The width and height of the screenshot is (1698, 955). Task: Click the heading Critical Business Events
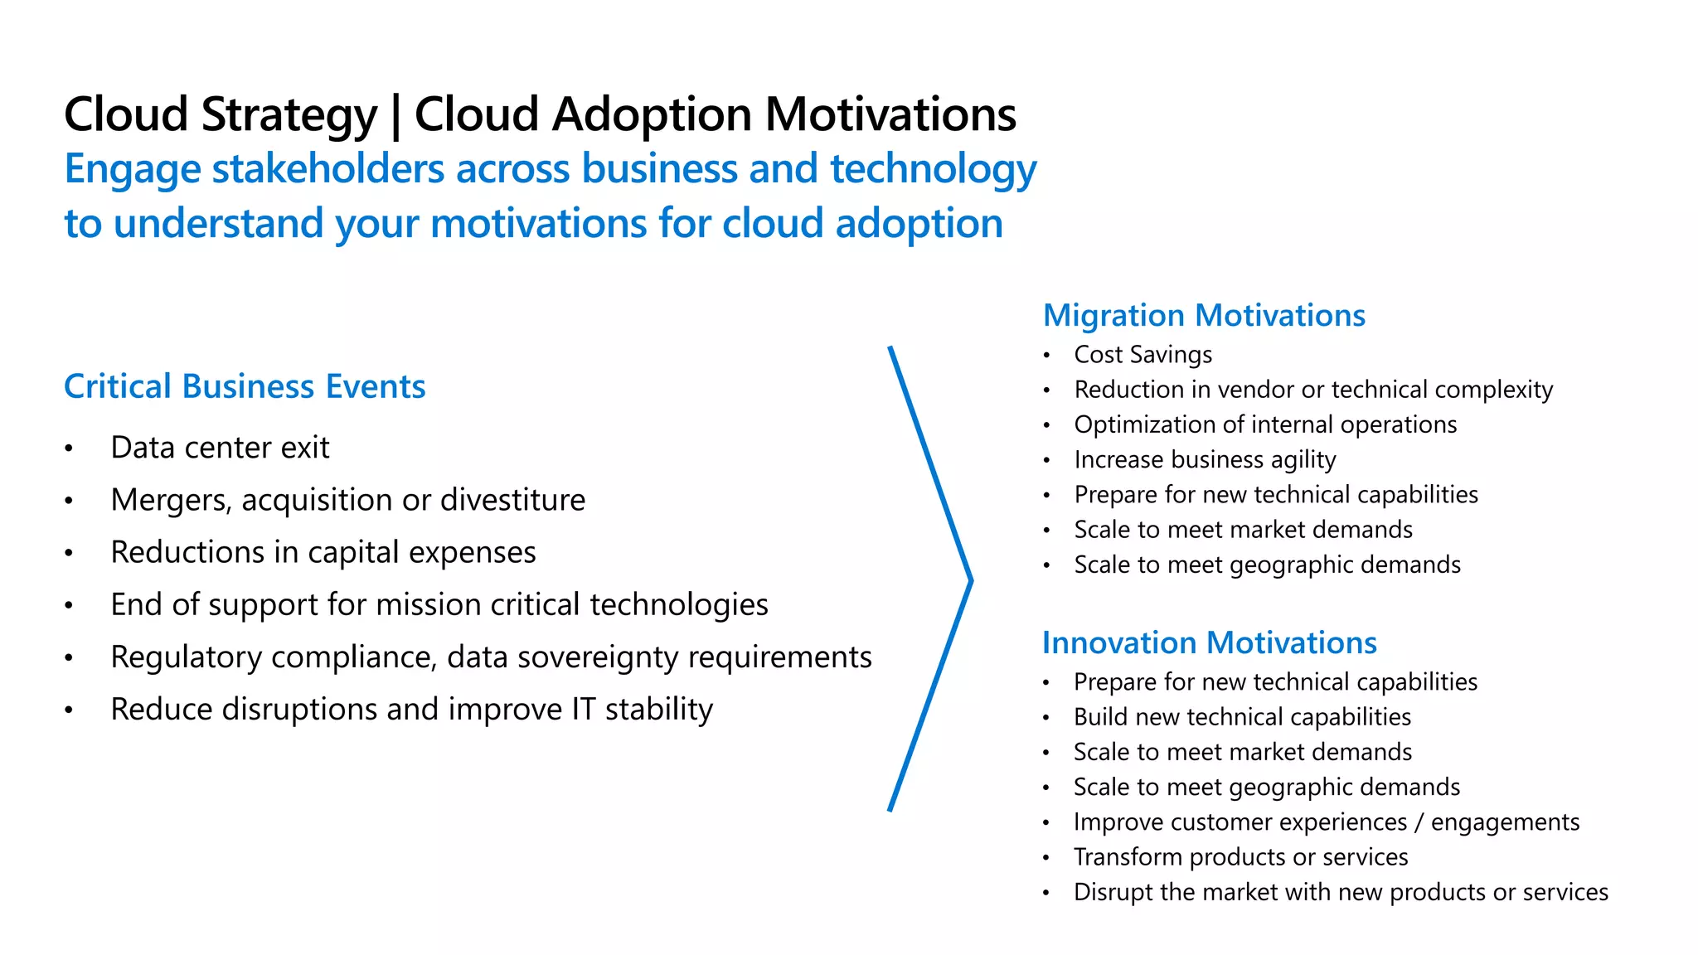coord(245,387)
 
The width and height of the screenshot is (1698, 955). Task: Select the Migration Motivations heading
coord(1204,316)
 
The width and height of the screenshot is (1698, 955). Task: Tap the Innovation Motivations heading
coord(1209,643)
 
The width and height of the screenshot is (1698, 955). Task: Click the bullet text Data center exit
coord(220,448)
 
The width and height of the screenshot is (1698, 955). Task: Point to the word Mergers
coord(170,501)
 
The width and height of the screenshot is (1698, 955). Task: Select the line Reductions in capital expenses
coord(323,553)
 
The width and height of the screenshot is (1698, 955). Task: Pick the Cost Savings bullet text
coord(1143,355)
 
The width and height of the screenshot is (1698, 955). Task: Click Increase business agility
coord(1205,459)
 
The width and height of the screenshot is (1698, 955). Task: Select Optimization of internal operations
coord(1265,424)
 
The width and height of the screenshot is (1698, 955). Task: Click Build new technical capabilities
coord(1242,717)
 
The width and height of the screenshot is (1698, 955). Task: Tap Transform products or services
coord(1240,857)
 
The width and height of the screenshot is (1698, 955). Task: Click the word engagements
coord(1505,822)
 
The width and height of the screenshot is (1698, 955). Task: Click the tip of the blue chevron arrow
coord(969,581)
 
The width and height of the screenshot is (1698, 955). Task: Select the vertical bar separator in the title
coord(395,116)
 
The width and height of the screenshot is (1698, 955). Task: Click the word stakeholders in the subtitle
coord(328,169)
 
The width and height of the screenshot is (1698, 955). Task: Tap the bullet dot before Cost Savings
coord(1047,356)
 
